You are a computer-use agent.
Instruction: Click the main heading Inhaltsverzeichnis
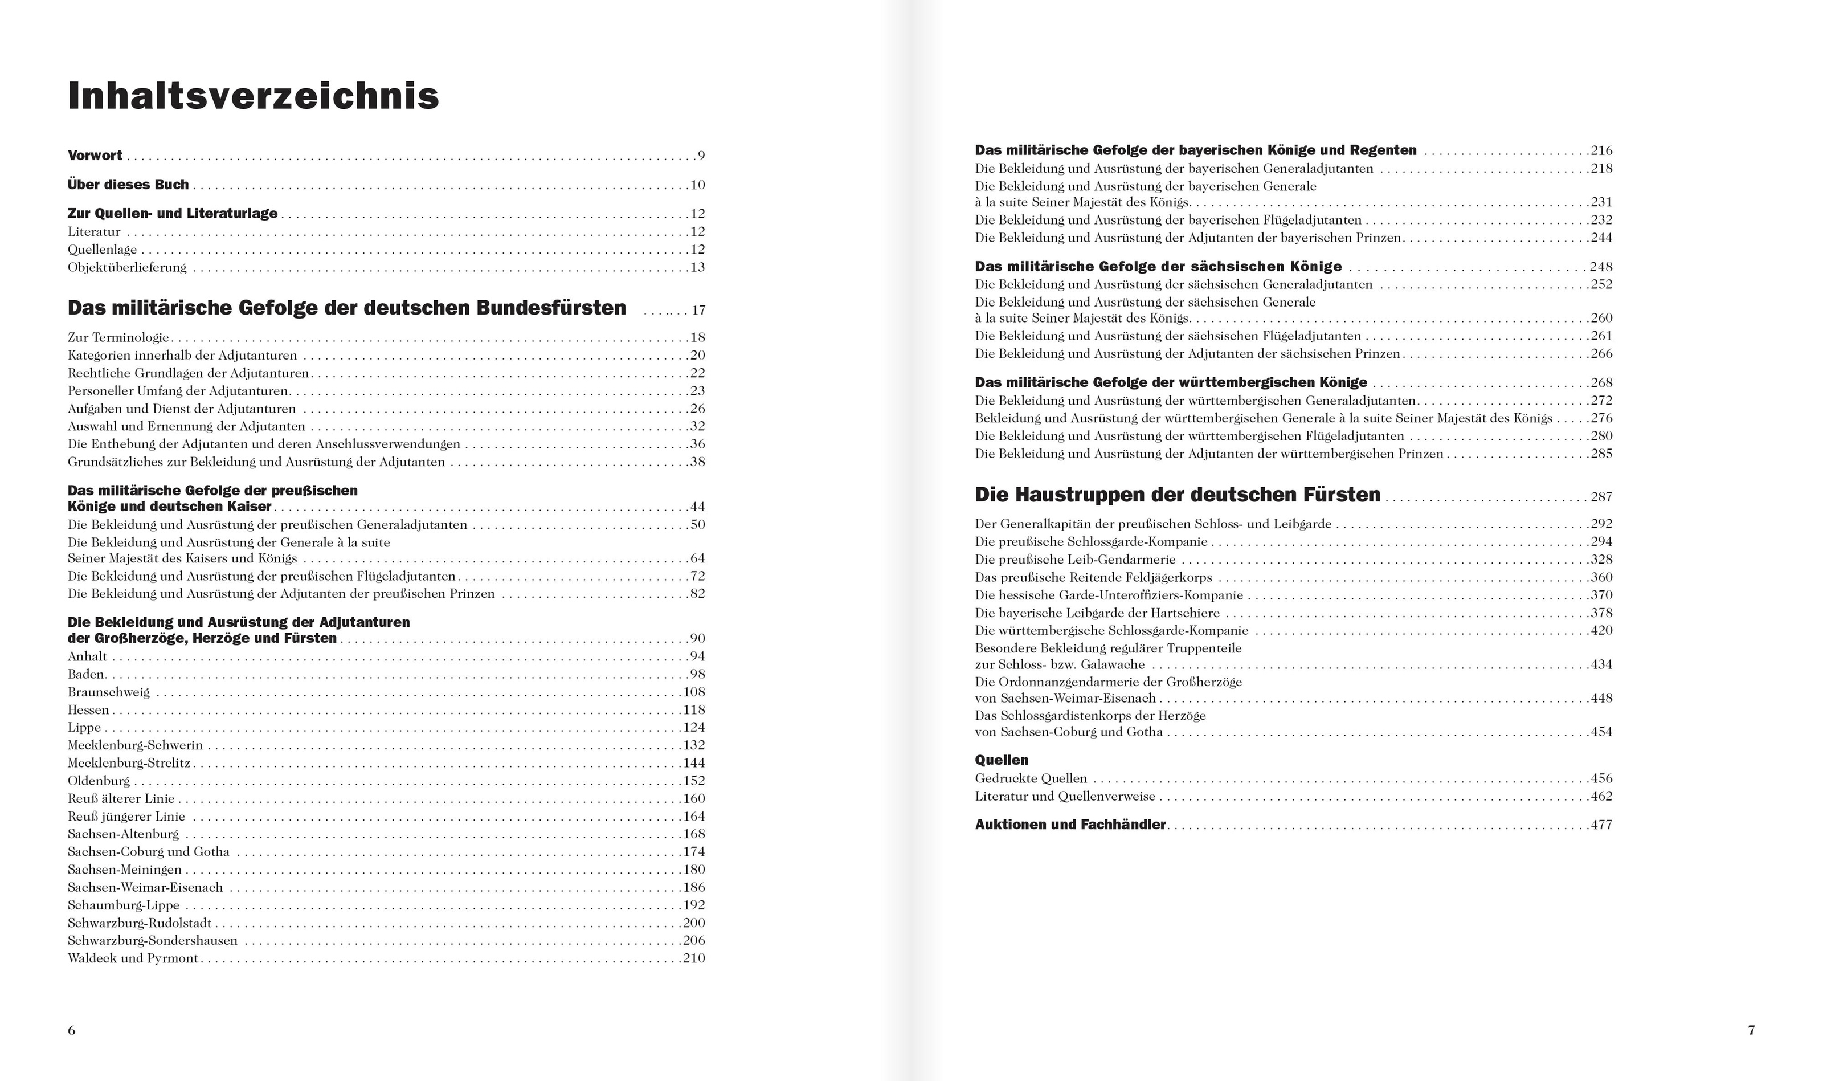[x=254, y=96]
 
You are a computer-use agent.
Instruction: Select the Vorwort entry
[x=95, y=155]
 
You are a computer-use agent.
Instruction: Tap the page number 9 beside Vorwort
[x=701, y=155]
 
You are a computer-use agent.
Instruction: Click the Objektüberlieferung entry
[x=126, y=267]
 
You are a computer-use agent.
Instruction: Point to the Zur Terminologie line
[x=118, y=337]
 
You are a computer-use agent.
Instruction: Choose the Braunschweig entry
[x=108, y=692]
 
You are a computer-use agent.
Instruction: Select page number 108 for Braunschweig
[x=694, y=692]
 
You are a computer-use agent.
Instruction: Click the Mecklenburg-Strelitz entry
[x=129, y=762]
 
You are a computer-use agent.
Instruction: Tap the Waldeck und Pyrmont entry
[x=133, y=958]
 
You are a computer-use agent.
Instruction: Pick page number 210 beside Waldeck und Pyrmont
[x=694, y=958]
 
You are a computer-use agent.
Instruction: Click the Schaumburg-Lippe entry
[x=123, y=905]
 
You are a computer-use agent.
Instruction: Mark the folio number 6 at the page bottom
[x=71, y=1030]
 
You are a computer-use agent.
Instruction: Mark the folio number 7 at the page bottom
[x=1752, y=1030]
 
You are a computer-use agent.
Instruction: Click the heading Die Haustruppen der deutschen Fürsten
[x=1177, y=495]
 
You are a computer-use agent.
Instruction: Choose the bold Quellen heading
[x=1001, y=760]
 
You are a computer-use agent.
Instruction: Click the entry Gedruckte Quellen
[x=1030, y=778]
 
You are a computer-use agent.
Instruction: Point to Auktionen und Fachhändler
[x=1069, y=825]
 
